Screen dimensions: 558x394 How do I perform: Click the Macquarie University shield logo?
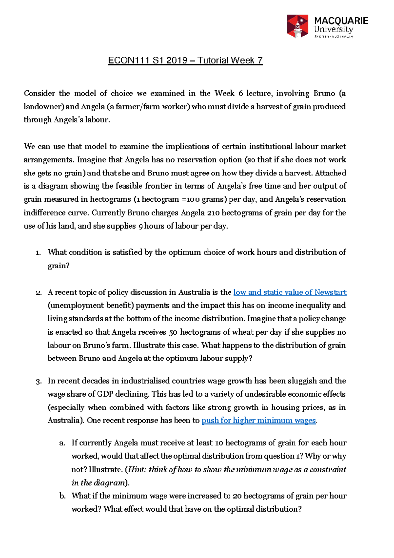tap(297, 26)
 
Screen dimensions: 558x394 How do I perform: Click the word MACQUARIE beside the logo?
tap(341, 21)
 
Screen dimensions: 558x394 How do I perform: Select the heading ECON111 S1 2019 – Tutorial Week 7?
tap(185, 60)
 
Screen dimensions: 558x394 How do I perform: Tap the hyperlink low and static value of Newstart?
tap(290, 292)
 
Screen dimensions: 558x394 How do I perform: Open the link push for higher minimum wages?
tap(258, 420)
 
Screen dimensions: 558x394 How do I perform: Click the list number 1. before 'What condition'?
tap(38, 252)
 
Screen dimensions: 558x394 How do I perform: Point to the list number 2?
tap(38, 292)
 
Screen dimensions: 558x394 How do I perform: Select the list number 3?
tap(38, 381)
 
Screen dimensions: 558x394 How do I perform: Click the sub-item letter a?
tap(62, 443)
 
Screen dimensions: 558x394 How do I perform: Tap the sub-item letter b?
tap(63, 496)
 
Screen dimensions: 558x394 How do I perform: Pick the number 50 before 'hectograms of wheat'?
tap(173, 332)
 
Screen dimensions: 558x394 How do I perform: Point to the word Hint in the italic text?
tap(136, 470)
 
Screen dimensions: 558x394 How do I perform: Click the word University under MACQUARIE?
tap(333, 30)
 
